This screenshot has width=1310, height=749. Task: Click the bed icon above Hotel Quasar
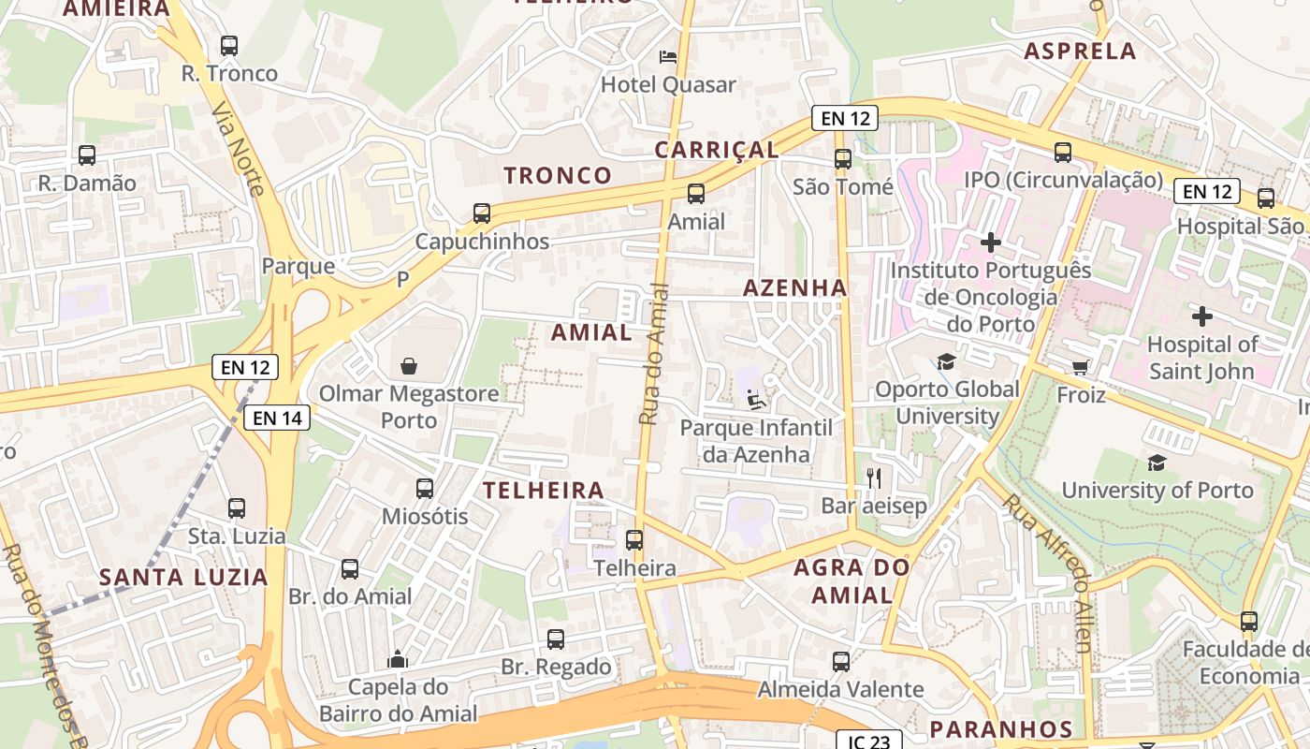tap(668, 57)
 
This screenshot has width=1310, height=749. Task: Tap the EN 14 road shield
tap(277, 418)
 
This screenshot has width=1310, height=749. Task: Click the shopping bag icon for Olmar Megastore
tap(409, 364)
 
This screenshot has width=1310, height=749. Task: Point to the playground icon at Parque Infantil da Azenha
tap(756, 400)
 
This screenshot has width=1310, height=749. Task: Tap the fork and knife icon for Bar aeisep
tap(874, 478)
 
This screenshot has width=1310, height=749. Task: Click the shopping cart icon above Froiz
tap(1081, 367)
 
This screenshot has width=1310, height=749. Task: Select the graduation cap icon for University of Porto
tap(1157, 463)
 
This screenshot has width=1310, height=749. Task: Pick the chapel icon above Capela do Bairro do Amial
tap(398, 659)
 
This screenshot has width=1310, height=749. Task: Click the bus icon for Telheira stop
tap(634, 540)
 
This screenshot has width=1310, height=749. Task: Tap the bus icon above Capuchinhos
tap(482, 213)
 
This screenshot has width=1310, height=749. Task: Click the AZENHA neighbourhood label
tap(794, 288)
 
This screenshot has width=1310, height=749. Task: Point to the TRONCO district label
tap(558, 175)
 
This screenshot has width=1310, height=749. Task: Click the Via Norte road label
tap(239, 149)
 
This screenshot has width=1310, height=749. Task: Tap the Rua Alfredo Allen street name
tap(1047, 572)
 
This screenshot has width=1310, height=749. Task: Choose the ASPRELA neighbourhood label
tap(1080, 51)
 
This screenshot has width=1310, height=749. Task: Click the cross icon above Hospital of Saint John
tap(1201, 316)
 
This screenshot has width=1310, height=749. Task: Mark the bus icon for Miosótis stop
tap(425, 488)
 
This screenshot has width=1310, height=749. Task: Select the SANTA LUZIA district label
tap(184, 577)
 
